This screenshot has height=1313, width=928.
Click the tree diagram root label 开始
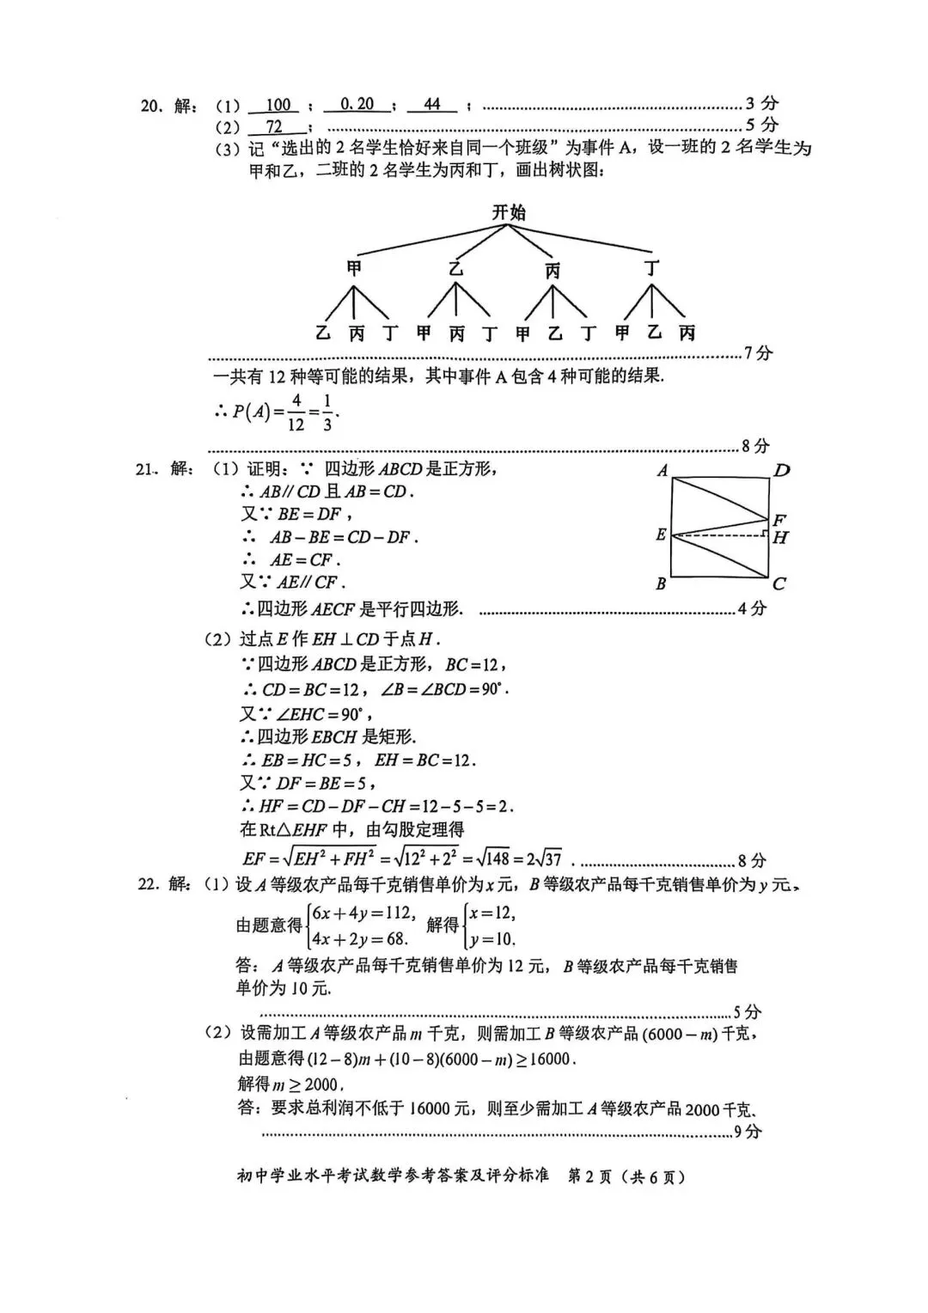click(x=509, y=212)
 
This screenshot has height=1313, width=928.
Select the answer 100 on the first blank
click(x=278, y=105)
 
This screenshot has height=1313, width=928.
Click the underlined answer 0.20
click(x=357, y=105)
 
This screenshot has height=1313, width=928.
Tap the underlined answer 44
click(x=432, y=105)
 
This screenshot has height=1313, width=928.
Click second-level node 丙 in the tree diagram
click(x=553, y=271)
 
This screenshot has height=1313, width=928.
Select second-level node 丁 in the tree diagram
click(x=652, y=269)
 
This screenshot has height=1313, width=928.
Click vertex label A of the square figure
click(x=662, y=470)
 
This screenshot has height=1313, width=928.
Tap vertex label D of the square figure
click(x=781, y=470)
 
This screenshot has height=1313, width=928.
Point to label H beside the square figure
click(x=780, y=538)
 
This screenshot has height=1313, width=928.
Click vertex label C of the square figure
click(x=779, y=583)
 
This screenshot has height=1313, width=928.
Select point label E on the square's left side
click(x=660, y=534)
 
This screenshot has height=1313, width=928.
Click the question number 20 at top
click(x=150, y=107)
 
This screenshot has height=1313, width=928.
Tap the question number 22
click(x=150, y=884)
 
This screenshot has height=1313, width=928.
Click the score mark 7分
click(x=759, y=353)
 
